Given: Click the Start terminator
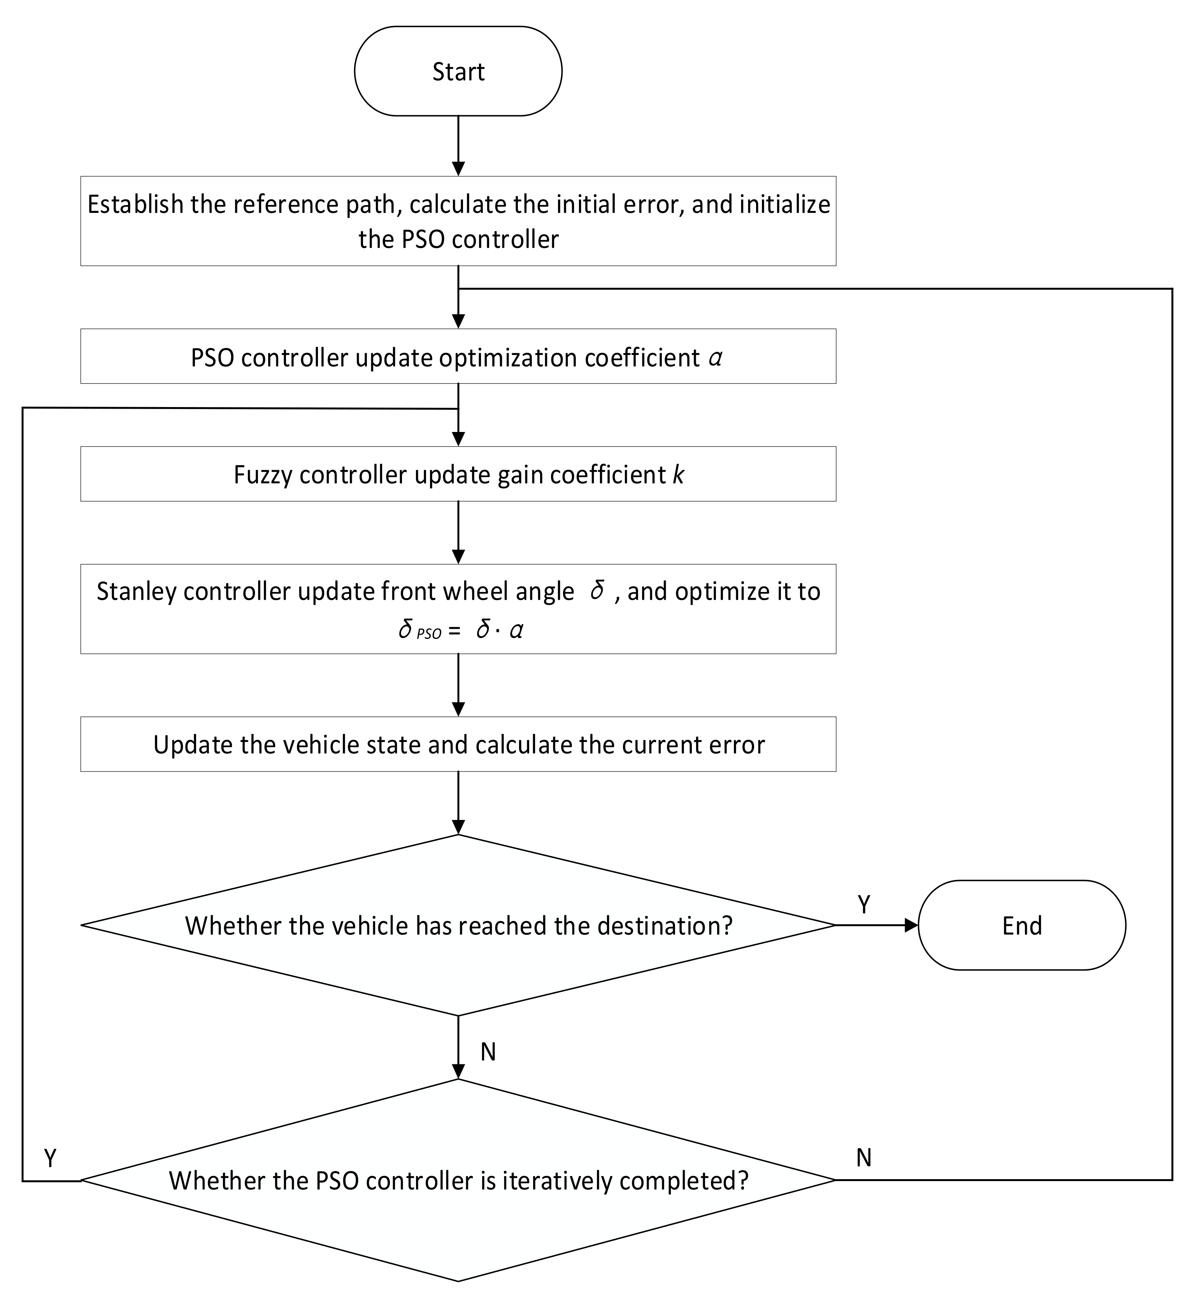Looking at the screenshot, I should [458, 71].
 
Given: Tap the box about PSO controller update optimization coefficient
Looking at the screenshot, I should [458, 357].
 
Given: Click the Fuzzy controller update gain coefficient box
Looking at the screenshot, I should [458, 474].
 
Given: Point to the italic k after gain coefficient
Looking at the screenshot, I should [678, 475].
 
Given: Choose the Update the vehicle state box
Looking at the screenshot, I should [458, 744].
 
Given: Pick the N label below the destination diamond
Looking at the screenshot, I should [488, 1052].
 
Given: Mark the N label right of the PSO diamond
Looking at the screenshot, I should [864, 1158].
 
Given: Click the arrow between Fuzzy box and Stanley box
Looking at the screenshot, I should [458, 533].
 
